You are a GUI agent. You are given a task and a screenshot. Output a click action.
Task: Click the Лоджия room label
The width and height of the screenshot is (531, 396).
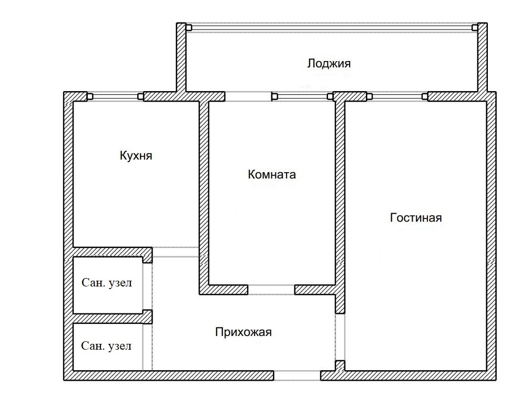click(329, 64)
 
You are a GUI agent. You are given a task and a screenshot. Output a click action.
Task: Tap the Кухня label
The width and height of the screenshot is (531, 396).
click(136, 156)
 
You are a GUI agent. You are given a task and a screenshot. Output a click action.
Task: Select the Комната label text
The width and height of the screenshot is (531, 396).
click(272, 174)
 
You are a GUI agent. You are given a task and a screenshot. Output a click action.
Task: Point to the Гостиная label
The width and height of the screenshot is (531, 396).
click(416, 217)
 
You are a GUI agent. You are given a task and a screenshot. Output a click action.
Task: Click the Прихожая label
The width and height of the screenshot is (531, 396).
click(243, 332)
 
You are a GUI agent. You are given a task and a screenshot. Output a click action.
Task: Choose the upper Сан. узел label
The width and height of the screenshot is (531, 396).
click(107, 283)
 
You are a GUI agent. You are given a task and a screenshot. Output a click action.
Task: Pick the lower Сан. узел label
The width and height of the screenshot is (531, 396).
click(106, 346)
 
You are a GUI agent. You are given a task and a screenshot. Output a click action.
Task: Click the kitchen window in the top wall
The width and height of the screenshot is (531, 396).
click(116, 97)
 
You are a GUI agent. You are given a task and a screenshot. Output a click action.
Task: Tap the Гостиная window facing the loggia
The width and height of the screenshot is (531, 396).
click(397, 97)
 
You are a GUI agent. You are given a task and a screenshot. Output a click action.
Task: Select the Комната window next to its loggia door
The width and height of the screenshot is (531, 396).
click(303, 97)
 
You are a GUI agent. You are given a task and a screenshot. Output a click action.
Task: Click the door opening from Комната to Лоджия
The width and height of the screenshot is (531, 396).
click(248, 96)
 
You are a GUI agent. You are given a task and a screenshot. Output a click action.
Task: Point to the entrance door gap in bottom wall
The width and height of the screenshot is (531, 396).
click(297, 375)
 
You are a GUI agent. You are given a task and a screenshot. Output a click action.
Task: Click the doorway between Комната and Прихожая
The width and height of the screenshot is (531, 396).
click(271, 290)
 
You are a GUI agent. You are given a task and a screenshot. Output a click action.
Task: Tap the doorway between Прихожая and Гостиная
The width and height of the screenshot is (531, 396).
click(340, 337)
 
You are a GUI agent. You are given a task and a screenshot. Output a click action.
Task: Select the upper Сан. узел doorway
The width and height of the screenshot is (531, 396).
click(147, 287)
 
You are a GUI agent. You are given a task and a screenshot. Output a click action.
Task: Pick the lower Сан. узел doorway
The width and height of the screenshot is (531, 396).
click(147, 347)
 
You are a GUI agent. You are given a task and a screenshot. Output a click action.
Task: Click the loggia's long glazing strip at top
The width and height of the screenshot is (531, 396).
click(332, 28)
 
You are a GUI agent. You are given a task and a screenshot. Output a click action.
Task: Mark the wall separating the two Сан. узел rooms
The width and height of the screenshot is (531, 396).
click(113, 318)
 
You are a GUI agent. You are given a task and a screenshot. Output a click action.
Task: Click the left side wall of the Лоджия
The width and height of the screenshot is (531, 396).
click(181, 58)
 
